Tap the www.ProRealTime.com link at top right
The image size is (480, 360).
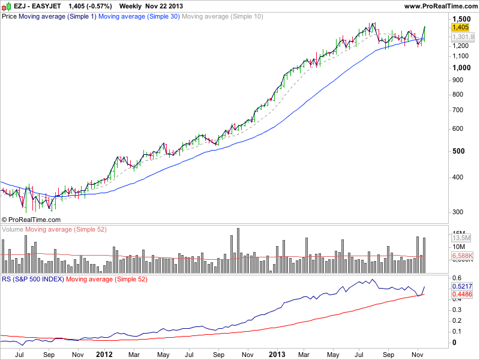pos(441,5)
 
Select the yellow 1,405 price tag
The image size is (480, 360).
pos(460,27)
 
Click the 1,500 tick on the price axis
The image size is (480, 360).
pos(460,19)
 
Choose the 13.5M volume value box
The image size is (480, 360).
pos(459,238)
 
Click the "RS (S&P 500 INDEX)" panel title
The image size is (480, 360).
pos(33,279)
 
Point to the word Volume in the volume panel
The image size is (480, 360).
pos(13,230)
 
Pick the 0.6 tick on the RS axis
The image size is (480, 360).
pos(457,277)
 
